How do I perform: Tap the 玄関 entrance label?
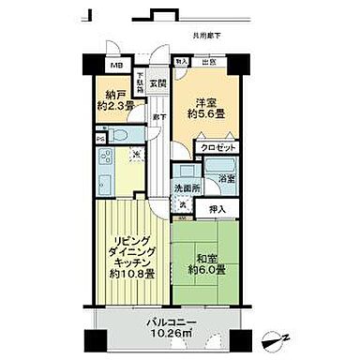tap(156, 82)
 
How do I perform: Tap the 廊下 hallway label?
tap(161, 117)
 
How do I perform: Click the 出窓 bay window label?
tap(214, 62)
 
